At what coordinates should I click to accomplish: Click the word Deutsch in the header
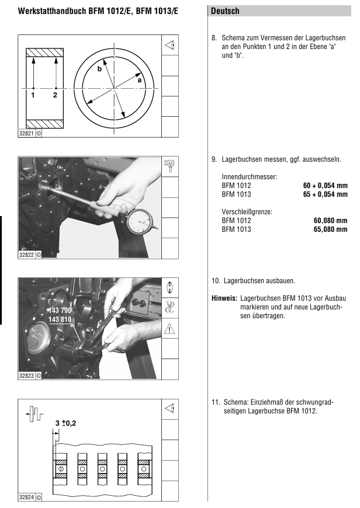[x=225, y=11]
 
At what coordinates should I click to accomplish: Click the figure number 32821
[x=27, y=133]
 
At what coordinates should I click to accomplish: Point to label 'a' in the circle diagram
[x=140, y=81]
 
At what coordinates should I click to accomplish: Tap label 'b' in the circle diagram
[x=99, y=68]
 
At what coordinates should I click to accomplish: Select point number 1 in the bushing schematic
[x=33, y=95]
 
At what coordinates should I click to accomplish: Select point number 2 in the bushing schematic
[x=55, y=95]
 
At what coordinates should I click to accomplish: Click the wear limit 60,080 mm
[x=330, y=221]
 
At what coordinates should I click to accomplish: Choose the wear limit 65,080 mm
[x=330, y=229]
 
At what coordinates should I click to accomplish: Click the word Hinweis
[x=224, y=298]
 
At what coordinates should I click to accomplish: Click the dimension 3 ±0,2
[x=66, y=422]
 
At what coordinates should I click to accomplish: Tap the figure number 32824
[x=27, y=497]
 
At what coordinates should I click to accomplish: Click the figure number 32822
[x=27, y=255]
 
